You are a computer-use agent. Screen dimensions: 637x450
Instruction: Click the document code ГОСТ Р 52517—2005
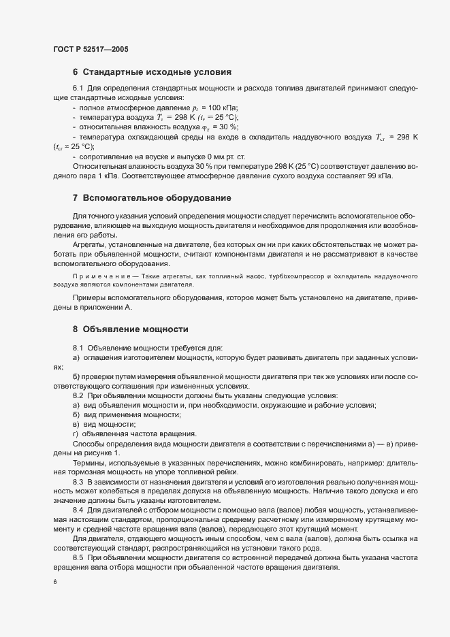(90, 50)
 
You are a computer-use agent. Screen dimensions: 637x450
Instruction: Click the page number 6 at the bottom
(54, 582)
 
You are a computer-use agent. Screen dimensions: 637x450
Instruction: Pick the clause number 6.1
(78, 89)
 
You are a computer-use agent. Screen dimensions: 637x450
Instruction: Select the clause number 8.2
(78, 396)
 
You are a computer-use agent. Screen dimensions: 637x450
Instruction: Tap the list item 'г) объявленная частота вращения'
(134, 434)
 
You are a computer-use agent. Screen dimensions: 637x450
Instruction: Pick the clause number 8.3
(78, 481)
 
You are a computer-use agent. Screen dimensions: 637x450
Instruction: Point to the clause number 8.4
(78, 510)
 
